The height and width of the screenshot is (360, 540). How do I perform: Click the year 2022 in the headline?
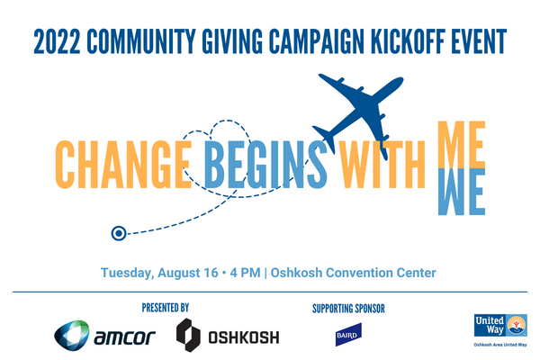tap(57, 41)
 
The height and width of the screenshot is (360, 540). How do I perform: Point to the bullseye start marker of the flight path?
tap(119, 233)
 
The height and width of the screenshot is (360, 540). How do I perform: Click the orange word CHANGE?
tap(123, 165)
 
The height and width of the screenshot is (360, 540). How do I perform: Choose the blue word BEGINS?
tap(265, 165)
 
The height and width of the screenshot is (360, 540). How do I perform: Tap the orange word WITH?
tap(382, 165)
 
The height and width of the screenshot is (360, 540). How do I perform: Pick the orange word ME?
tap(462, 145)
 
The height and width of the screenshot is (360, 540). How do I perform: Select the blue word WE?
tap(462, 192)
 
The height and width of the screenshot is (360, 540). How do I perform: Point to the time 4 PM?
tap(245, 273)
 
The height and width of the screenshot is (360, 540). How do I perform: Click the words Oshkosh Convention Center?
tap(354, 273)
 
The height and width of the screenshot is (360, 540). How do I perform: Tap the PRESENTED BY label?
tap(166, 308)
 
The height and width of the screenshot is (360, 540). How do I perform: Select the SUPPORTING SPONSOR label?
tap(348, 309)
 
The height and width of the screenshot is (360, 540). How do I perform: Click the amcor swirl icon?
tap(72, 335)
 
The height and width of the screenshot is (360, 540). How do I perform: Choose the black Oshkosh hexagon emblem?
tap(188, 335)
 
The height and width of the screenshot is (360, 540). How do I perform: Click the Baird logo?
tap(348, 335)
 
